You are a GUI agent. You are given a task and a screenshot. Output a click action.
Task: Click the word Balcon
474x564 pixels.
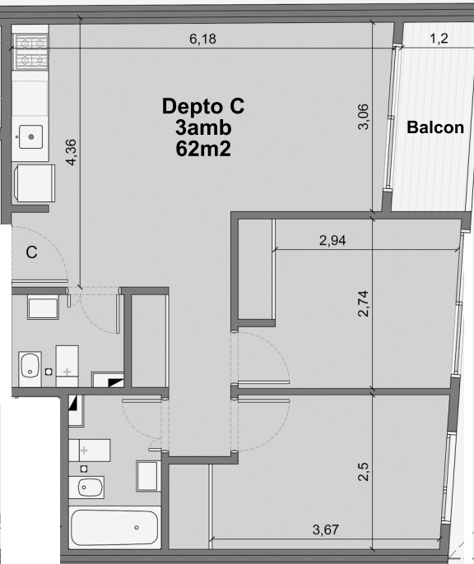click(435, 127)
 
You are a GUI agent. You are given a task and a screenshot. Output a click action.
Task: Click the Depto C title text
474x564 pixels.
click(203, 107)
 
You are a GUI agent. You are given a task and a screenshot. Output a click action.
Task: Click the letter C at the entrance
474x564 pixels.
click(31, 252)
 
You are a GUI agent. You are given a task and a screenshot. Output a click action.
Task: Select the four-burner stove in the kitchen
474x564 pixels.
click(30, 52)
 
